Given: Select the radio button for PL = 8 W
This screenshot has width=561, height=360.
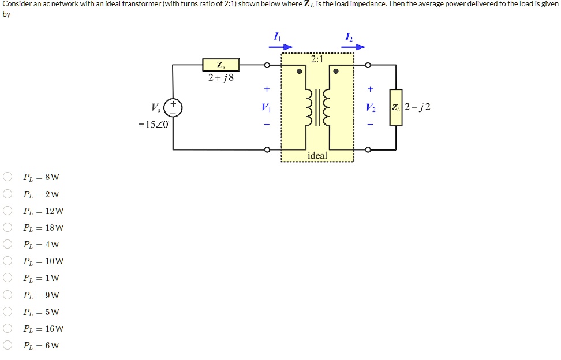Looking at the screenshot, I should click(x=8, y=177).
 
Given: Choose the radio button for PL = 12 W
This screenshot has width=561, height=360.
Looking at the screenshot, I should click(x=8, y=211).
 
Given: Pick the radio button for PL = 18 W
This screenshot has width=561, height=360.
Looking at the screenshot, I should click(x=8, y=228).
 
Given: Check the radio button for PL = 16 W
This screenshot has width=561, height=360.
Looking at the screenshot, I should click(x=8, y=329).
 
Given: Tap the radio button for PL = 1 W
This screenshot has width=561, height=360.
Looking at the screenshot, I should click(x=8, y=278).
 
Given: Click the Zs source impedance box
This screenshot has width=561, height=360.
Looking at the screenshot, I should click(x=220, y=65).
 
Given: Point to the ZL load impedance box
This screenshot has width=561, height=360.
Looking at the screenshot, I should click(x=395, y=107).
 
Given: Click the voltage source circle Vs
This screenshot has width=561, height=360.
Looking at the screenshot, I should click(x=173, y=107).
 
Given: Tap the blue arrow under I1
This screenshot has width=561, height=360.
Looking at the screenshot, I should click(x=282, y=47).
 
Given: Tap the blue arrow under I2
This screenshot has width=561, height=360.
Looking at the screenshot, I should click(x=353, y=47).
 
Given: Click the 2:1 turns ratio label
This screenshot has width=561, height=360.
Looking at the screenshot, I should click(x=317, y=59).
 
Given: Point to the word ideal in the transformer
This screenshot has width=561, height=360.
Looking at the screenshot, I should click(x=317, y=155).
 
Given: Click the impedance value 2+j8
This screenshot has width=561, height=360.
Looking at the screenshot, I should click(x=220, y=77).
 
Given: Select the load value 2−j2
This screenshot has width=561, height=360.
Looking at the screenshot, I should click(x=418, y=107).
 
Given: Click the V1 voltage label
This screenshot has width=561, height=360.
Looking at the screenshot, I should click(x=266, y=107).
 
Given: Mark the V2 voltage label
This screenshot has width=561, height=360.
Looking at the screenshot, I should click(x=370, y=107).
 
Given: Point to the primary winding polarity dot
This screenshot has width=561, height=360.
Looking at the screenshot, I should click(x=300, y=72).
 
